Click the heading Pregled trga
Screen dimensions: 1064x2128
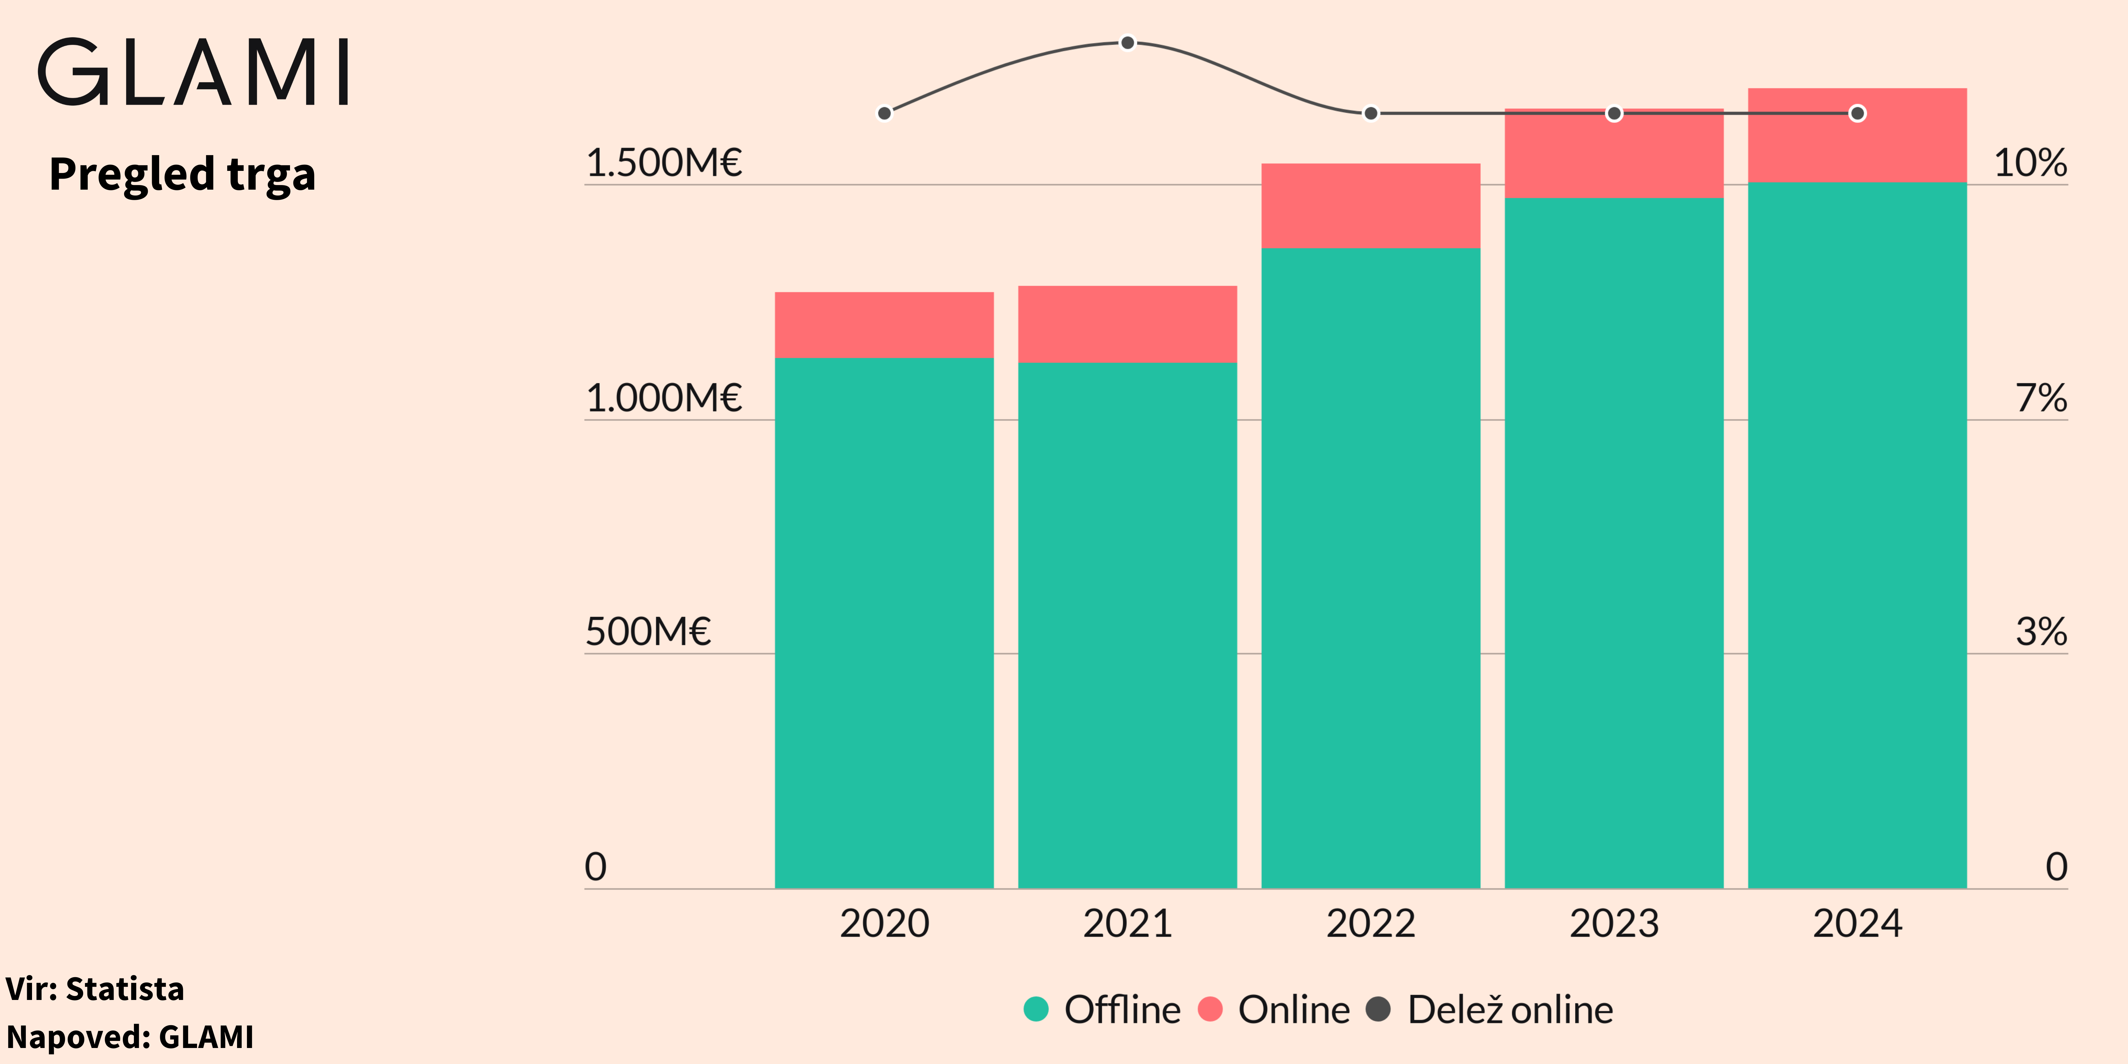pyautogui.click(x=183, y=174)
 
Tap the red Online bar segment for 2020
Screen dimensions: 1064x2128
pyautogui.click(x=884, y=325)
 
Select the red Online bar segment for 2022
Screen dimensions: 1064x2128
pyautogui.click(x=1370, y=206)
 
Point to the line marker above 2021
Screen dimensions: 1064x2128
pyautogui.click(x=1128, y=43)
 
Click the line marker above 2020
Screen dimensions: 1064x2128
pyautogui.click(x=884, y=113)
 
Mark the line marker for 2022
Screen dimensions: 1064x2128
pyautogui.click(x=1370, y=113)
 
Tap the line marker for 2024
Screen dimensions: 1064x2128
pyautogui.click(x=1857, y=113)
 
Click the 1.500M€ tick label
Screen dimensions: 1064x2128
pyautogui.click(x=663, y=163)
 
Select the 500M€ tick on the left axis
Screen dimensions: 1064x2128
pyautogui.click(x=648, y=632)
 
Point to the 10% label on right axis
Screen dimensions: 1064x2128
pyautogui.click(x=2030, y=163)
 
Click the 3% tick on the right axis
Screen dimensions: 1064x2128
pyautogui.click(x=2041, y=632)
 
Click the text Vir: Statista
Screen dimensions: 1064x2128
pyautogui.click(x=95, y=989)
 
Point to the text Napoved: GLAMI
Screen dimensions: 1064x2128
pyautogui.click(x=130, y=1037)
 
